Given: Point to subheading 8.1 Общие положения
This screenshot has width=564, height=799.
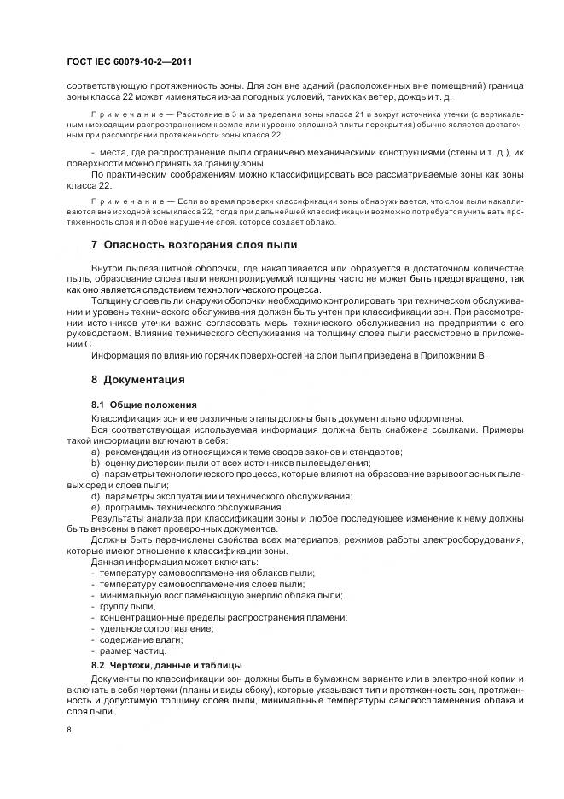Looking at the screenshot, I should tap(143, 404).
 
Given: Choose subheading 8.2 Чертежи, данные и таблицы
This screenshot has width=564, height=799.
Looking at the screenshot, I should tap(166, 664).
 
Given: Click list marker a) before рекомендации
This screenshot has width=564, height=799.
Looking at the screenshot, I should tap(95, 451).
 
